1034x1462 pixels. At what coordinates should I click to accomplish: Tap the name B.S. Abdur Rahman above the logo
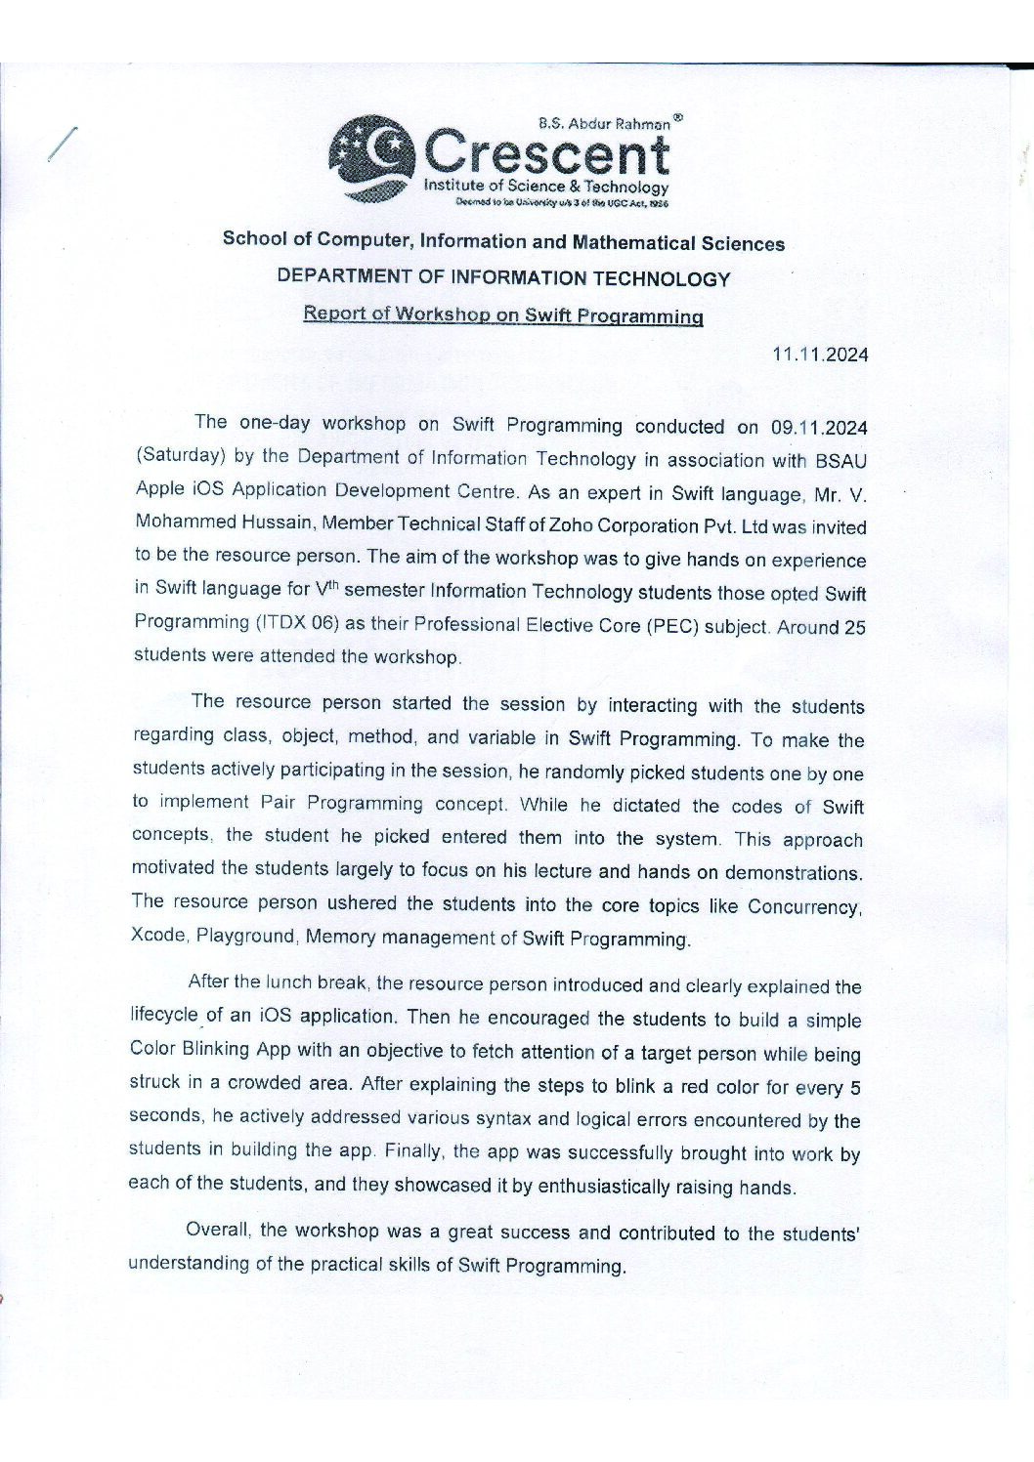(x=604, y=124)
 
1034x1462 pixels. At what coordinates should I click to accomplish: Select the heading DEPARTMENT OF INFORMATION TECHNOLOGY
(x=503, y=278)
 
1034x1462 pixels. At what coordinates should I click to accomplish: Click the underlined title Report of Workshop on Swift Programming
(x=503, y=314)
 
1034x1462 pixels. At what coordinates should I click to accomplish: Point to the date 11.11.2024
(x=820, y=355)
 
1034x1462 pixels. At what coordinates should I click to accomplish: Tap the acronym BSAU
(x=841, y=460)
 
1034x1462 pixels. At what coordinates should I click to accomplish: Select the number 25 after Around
(x=854, y=628)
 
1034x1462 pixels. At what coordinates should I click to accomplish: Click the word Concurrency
(x=804, y=906)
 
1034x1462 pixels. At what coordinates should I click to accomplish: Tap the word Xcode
(x=157, y=935)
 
